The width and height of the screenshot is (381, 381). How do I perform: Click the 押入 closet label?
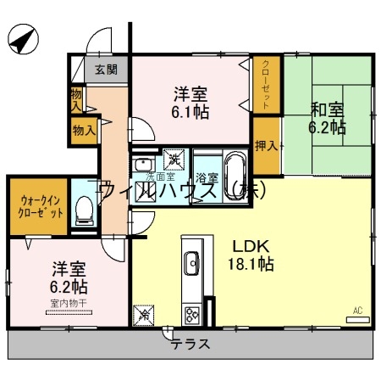coord(267,145)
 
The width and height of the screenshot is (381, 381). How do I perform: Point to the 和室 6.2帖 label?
coord(327,118)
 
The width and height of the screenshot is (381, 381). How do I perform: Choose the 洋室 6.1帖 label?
coord(191,101)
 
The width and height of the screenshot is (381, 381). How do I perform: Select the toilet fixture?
coord(84,210)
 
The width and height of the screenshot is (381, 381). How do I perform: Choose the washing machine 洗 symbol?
coord(174,158)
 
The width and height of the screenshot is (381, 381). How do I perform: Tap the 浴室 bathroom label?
coord(207,178)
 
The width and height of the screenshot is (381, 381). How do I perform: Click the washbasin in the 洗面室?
coord(144,163)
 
